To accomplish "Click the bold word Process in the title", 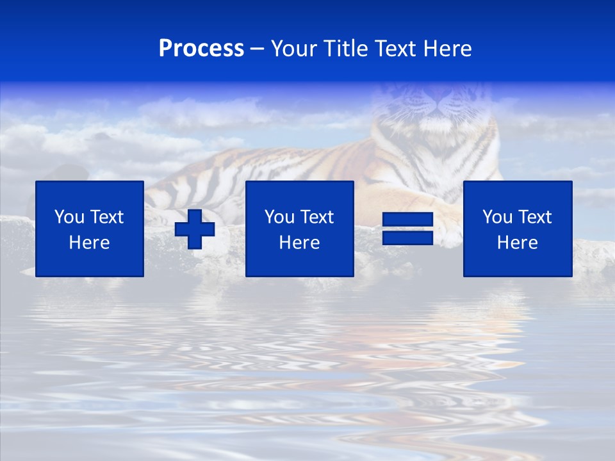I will coord(201,49).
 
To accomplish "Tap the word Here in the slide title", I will coord(447,49).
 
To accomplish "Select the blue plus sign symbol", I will coord(195,229).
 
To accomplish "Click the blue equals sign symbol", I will coord(408,229).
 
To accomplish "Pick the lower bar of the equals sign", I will coord(408,238).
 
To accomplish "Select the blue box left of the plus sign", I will coord(90,229).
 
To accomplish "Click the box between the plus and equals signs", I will coord(299,229).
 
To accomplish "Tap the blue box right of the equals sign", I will coord(518,229).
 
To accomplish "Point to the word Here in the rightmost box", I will coord(518,243).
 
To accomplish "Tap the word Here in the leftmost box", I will coord(90,243).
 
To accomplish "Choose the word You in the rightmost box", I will coord(497,217).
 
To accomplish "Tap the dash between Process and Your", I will coord(257,49).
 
